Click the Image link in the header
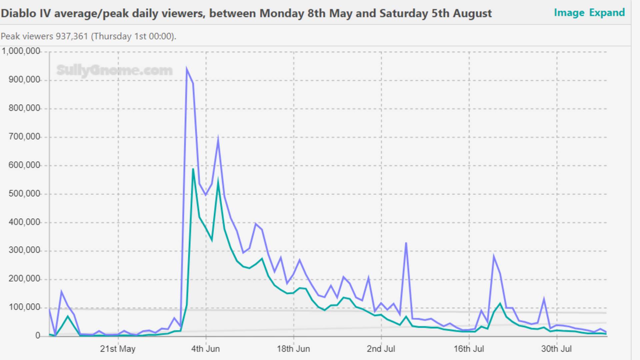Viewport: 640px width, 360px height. (569, 13)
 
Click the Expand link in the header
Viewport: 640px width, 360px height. (607, 13)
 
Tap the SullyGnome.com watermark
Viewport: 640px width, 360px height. (114, 70)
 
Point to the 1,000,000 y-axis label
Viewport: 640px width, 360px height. (21, 51)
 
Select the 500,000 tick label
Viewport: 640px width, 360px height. (24, 194)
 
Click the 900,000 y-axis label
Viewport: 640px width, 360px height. (24, 80)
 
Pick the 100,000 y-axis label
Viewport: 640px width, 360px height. (24, 307)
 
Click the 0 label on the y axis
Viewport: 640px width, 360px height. (38, 335)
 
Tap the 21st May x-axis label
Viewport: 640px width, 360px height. (118, 349)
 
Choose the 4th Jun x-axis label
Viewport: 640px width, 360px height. (205, 349)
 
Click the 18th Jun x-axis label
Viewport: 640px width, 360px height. (293, 349)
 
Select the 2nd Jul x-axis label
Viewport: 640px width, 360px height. (381, 349)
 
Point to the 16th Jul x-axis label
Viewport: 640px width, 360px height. (469, 349)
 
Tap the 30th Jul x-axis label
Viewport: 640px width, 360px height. (556, 349)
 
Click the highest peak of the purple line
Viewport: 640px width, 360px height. (187, 69)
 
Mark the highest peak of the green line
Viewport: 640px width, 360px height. (193, 169)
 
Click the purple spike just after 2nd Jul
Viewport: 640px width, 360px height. (406, 243)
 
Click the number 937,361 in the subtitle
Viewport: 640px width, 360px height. (72, 36)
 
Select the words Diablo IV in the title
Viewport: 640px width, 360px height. (26, 13)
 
